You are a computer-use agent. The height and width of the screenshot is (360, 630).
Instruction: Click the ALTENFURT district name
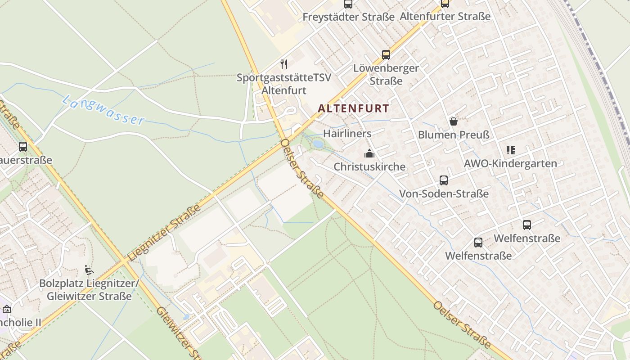click(x=353, y=108)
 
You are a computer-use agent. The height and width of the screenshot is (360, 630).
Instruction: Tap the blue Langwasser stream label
click(x=103, y=110)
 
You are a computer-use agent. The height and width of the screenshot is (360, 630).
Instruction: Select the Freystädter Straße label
click(x=348, y=17)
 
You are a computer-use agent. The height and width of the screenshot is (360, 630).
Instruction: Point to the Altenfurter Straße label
click(x=445, y=17)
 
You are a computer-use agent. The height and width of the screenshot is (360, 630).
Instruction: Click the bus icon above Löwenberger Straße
click(x=386, y=55)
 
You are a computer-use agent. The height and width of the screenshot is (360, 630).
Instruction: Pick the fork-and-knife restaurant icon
click(x=284, y=64)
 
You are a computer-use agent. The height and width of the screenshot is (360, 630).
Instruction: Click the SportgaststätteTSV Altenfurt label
click(x=284, y=84)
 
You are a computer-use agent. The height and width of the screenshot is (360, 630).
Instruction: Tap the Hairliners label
click(x=347, y=134)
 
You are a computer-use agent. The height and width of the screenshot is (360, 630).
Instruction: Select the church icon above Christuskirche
click(x=369, y=153)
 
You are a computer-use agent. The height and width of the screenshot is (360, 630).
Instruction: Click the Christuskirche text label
click(x=369, y=166)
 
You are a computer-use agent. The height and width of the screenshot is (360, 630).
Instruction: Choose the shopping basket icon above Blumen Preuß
click(x=453, y=121)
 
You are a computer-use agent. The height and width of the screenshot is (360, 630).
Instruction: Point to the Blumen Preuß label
click(x=454, y=135)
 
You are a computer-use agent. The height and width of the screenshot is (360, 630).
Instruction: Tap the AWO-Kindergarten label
click(x=510, y=163)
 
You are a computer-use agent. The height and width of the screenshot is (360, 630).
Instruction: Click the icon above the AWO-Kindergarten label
click(x=510, y=150)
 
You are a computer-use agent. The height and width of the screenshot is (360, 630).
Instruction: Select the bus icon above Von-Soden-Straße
click(x=443, y=180)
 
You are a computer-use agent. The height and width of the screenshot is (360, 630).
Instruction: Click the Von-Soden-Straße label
click(x=444, y=194)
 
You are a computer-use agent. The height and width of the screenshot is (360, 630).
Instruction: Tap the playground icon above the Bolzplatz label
click(x=89, y=270)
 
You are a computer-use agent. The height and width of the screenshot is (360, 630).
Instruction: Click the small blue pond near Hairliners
click(x=318, y=144)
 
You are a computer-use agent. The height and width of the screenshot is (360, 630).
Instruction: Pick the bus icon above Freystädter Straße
click(x=348, y=4)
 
